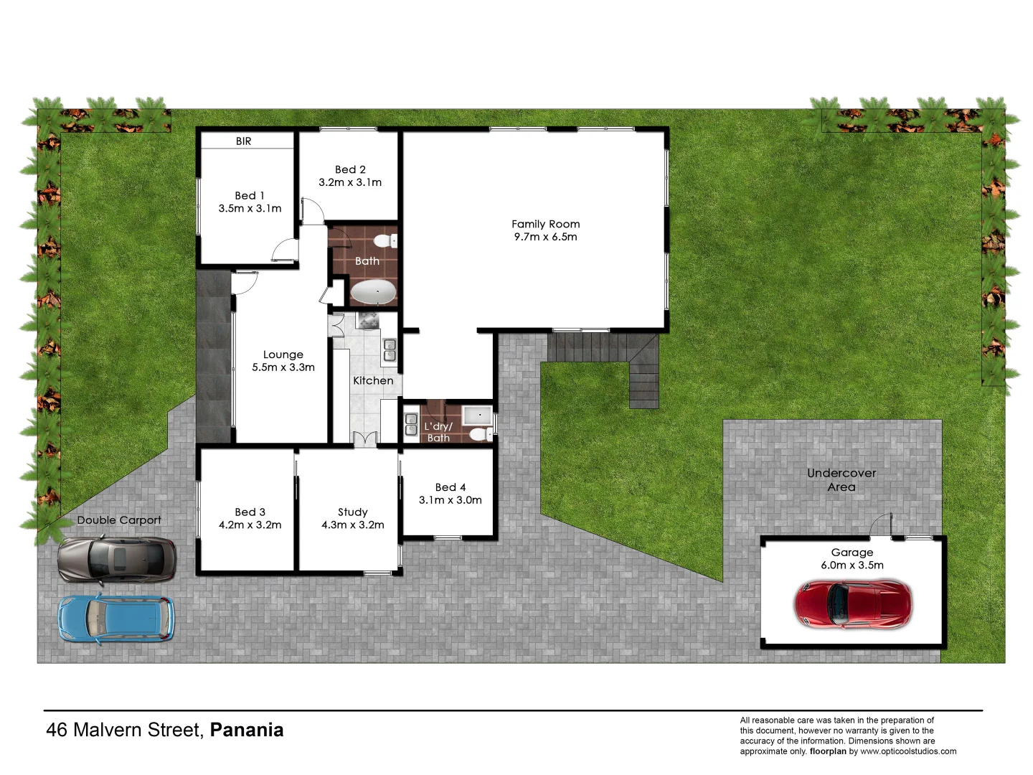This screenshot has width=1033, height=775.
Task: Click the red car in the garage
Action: pos(853,603)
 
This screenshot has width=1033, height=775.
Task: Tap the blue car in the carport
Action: pos(115,619)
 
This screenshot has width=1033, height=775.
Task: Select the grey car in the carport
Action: pos(117,559)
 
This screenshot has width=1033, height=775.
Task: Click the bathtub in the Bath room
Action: pos(372,293)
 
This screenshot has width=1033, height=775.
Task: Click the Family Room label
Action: pos(545,224)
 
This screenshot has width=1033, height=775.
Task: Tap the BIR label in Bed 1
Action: pos(244,141)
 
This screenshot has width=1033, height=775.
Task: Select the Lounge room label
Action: pos(283,354)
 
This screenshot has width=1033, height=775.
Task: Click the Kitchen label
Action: pos(373,380)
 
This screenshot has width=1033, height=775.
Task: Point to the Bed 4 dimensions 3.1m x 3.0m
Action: pos(451,500)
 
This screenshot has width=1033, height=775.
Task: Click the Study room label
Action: pos(352,512)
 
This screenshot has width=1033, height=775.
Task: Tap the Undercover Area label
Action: pos(841,480)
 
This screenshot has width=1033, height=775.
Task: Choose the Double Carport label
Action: pos(119,520)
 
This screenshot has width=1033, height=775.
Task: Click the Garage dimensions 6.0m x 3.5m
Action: pos(852,565)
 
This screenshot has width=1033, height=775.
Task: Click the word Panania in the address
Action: pos(247,730)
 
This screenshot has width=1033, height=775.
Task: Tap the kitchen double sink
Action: pos(390,349)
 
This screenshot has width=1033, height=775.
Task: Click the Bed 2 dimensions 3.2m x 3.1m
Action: pos(350,182)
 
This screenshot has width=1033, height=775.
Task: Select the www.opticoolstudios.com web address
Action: pos(908,751)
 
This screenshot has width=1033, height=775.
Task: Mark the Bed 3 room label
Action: pos(250,512)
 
